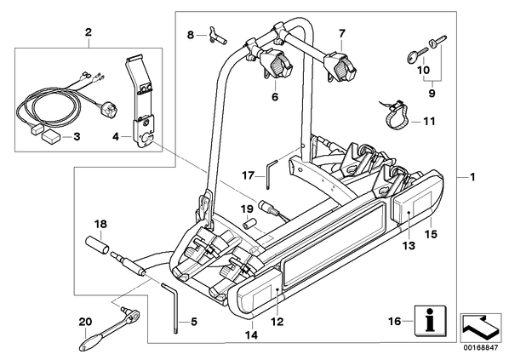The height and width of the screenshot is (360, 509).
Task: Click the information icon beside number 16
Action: [x=431, y=321]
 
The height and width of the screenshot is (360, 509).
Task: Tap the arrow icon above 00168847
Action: [x=481, y=328]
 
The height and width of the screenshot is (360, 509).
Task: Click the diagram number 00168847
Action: [x=480, y=348]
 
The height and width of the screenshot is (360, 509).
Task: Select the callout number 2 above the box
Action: [x=89, y=32]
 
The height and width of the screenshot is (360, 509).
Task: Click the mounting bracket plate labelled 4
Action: [x=142, y=104]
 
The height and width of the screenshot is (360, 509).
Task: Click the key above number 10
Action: [x=416, y=54]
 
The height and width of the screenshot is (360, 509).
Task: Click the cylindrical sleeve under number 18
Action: [x=96, y=246]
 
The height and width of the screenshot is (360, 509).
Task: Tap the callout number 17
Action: [x=248, y=175]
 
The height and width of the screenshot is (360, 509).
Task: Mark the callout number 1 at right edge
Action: [x=472, y=177]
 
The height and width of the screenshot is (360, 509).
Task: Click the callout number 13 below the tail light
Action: [x=409, y=246]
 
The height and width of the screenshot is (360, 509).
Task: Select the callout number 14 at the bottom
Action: [x=252, y=334]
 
